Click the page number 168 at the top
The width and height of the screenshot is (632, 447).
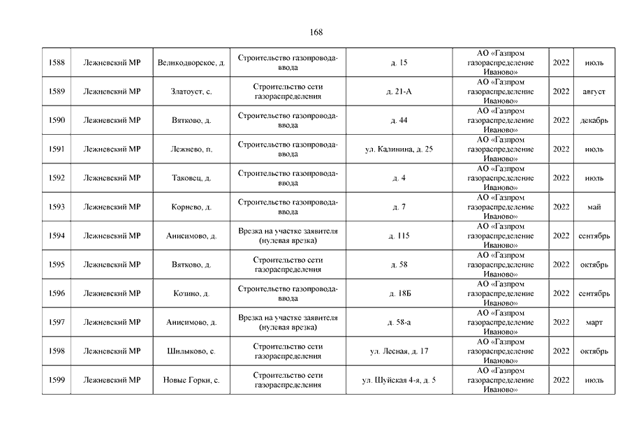pyautogui.click(x=315, y=33)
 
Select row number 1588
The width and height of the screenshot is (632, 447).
pyautogui.click(x=57, y=63)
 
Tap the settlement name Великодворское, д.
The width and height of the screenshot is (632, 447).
pyautogui.click(x=191, y=63)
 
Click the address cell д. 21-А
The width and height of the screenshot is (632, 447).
pyautogui.click(x=399, y=91)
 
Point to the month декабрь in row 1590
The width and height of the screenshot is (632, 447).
pyautogui.click(x=594, y=120)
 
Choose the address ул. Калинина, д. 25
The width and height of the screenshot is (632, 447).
pyautogui.click(x=399, y=149)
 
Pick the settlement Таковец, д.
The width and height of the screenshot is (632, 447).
pyautogui.click(x=191, y=178)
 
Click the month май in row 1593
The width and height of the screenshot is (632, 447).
pyautogui.click(x=594, y=207)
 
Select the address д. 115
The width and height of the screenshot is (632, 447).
pyautogui.click(x=399, y=236)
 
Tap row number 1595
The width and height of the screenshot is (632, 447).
pyautogui.click(x=57, y=265)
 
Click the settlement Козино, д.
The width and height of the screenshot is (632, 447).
pyautogui.click(x=191, y=293)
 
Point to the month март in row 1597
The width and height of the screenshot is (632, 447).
pyautogui.click(x=594, y=322)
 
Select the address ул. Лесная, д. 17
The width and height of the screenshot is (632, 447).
pyautogui.click(x=399, y=351)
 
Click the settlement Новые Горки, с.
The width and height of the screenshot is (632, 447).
pyautogui.click(x=191, y=380)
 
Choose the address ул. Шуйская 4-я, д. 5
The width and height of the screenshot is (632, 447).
pyautogui.click(x=399, y=380)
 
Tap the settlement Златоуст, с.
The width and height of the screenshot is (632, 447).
pyautogui.click(x=191, y=91)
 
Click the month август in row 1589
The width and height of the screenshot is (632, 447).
pyautogui.click(x=594, y=91)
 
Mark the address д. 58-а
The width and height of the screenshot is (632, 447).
pyautogui.click(x=399, y=322)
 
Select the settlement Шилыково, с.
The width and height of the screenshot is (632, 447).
pyautogui.click(x=191, y=351)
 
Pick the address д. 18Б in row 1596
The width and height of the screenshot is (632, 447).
pyautogui.click(x=399, y=293)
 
